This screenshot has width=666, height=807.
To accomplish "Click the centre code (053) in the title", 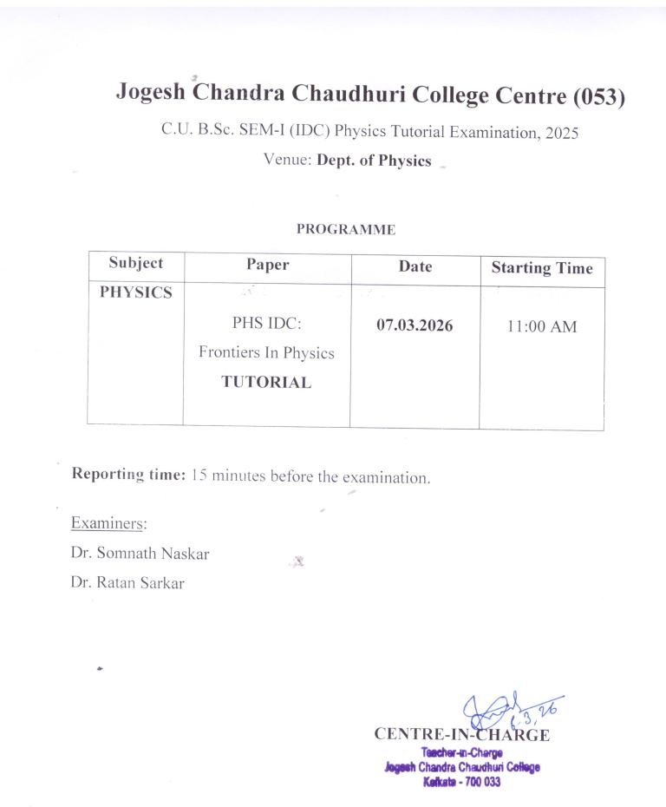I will click(597, 97).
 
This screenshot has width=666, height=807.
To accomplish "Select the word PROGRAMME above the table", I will click(346, 230).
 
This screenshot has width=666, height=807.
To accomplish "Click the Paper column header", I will click(267, 266).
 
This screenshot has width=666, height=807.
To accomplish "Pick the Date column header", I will click(415, 266).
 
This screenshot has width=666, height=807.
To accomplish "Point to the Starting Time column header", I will click(542, 268).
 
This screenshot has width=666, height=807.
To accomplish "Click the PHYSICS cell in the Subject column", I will click(135, 292).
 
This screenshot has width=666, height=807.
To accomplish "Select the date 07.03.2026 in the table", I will click(415, 326).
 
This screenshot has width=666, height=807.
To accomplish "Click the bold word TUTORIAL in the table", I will click(266, 383).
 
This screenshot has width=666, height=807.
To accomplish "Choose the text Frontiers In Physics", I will click(266, 353).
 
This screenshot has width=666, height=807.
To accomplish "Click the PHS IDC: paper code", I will click(266, 325).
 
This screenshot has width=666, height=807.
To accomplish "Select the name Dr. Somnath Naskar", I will click(140, 554).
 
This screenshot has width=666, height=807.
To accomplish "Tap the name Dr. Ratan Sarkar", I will click(127, 583).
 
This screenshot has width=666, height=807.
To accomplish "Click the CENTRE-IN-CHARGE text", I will click(461, 735).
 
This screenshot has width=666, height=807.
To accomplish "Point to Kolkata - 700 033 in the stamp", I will click(462, 782).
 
